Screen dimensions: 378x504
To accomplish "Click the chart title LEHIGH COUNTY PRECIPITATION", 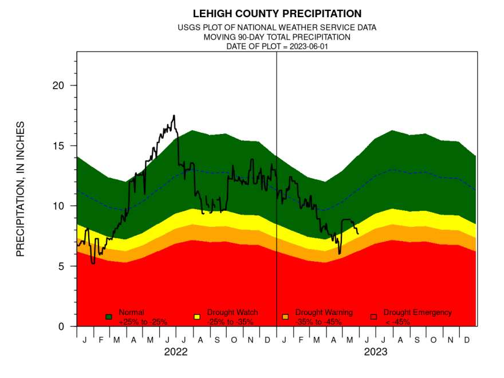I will coord(277,13).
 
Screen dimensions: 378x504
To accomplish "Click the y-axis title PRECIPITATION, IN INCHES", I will coord(21,189).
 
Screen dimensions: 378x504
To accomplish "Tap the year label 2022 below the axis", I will coord(176,352).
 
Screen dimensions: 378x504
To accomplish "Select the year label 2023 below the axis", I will coord(376,352).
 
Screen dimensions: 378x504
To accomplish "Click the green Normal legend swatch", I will coord(109,317).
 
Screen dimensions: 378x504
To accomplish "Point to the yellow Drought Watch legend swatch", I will coord(197,317).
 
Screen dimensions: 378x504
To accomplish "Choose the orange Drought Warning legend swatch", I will coord(285,317).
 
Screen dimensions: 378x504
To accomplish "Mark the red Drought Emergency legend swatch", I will coord(373,317).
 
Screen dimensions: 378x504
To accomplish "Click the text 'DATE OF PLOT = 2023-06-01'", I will coord(277,46).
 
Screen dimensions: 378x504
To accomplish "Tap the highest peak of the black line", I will coord(174,116).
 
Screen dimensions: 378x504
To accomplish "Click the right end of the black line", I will coord(359,233).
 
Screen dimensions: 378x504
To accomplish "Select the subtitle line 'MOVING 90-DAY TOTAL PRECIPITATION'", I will coord(277,37).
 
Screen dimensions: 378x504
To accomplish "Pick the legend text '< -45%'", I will coord(396,322).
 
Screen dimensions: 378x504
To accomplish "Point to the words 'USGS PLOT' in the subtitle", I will coord(198,27).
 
